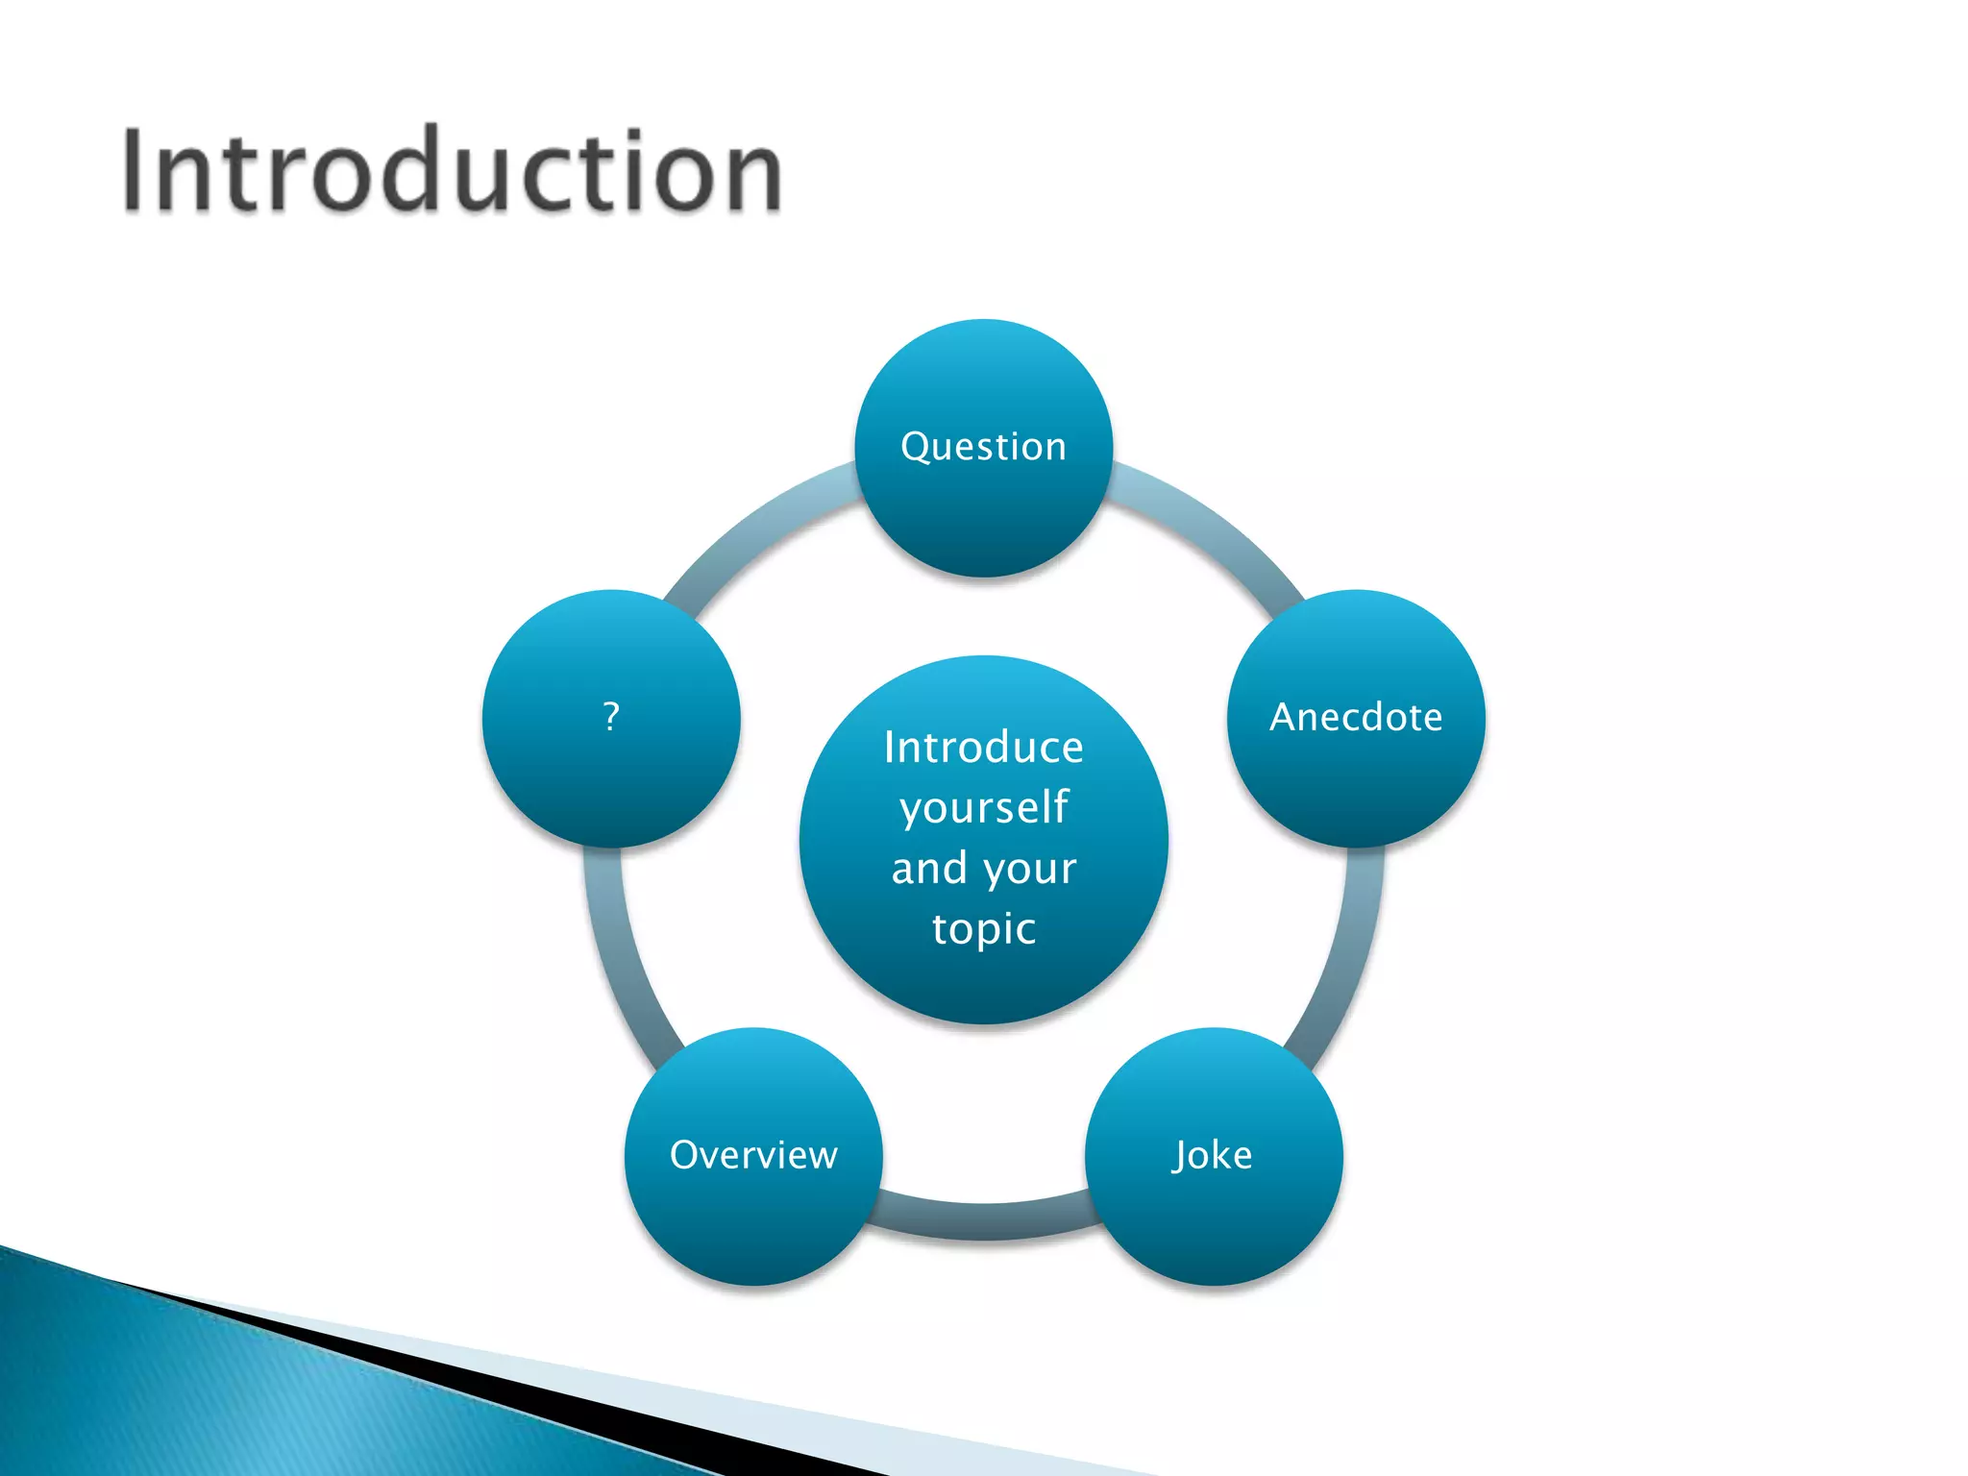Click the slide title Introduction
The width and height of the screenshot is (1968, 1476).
(452, 171)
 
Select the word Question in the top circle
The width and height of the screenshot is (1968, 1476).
(983, 447)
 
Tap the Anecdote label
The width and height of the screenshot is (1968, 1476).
(1355, 717)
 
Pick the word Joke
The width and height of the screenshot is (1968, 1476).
(1213, 1155)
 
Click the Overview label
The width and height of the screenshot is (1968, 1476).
(753, 1155)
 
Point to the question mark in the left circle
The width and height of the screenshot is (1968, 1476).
(611, 716)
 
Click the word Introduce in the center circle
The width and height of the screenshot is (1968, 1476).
(983, 748)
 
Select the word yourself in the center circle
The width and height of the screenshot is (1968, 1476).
(983, 808)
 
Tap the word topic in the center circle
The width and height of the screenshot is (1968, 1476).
(983, 928)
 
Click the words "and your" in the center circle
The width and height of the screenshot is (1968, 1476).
(983, 868)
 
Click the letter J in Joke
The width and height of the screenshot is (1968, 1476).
(1181, 1156)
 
